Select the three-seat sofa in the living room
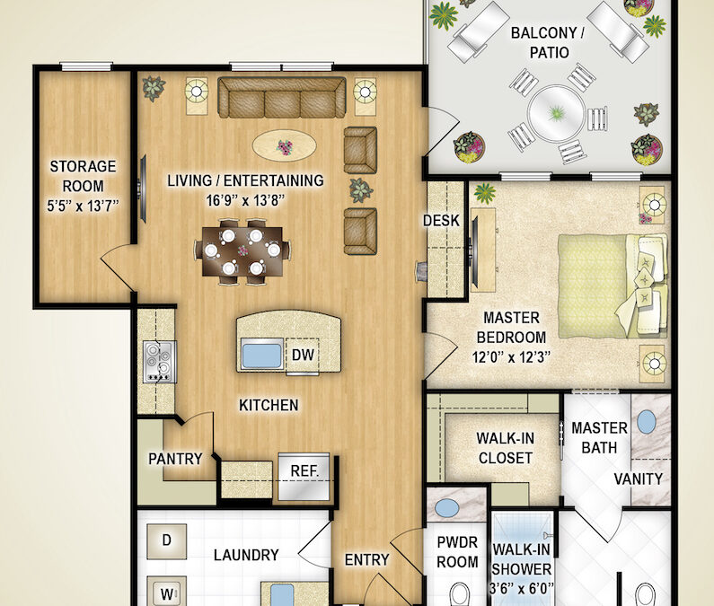point(282,98)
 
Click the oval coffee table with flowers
point(284,144)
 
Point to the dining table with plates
point(242,252)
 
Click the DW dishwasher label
point(303,355)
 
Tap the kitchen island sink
point(263,355)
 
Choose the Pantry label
point(175,459)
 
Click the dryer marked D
point(166,540)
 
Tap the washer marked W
point(166,592)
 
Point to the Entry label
point(367,560)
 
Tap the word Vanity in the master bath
point(639,479)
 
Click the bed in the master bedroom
point(611,277)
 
